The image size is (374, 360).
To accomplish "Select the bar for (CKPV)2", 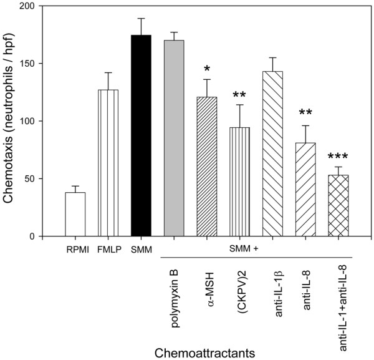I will [239, 182].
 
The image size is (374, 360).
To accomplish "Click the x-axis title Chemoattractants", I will [206, 351].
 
